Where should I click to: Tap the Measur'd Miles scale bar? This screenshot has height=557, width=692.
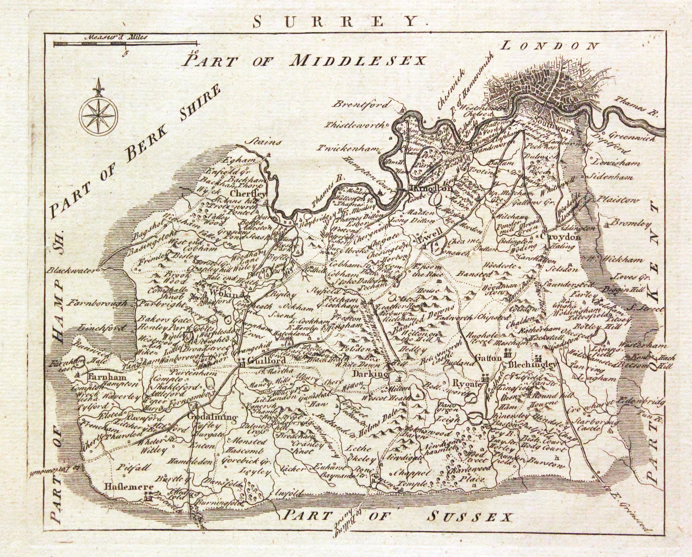pos(125,44)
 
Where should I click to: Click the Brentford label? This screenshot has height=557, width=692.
pos(362,105)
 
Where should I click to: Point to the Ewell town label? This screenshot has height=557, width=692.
pos(430,239)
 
